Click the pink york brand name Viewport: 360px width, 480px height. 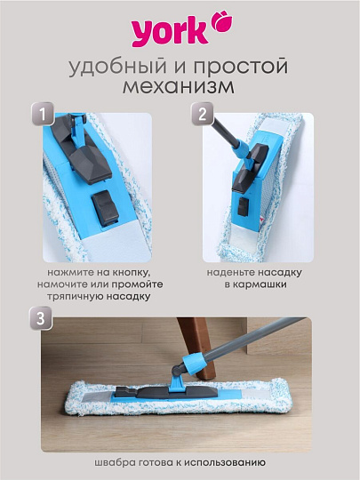170,31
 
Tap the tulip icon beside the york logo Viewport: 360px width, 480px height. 222,20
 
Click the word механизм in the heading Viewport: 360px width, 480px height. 179,86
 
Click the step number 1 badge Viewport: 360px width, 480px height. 43,114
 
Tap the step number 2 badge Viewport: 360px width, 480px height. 203,114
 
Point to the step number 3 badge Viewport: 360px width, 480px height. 41,318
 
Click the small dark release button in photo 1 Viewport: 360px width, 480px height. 105,207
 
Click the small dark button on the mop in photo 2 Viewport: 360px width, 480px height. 244,206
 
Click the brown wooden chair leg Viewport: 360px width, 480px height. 197,346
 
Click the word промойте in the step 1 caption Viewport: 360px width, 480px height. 137,284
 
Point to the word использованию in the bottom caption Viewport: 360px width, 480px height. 225,462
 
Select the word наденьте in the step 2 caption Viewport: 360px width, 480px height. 229,273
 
